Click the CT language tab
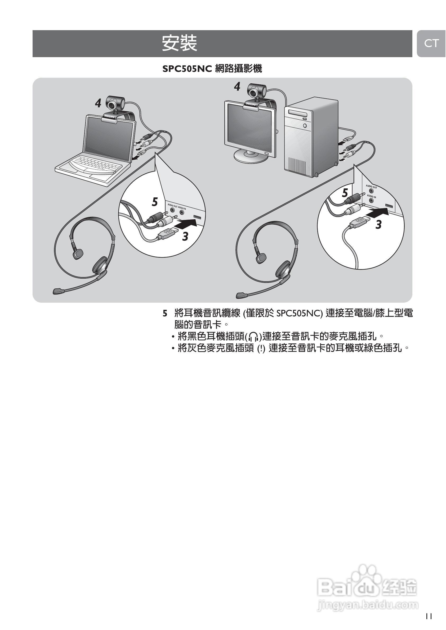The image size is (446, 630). pyautogui.click(x=431, y=43)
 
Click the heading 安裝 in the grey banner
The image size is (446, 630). pyautogui.click(x=179, y=43)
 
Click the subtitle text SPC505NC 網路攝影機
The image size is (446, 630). pyautogui.click(x=212, y=69)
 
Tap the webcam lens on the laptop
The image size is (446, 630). pyautogui.click(x=113, y=105)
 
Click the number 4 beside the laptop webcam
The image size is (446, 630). pyautogui.click(x=98, y=103)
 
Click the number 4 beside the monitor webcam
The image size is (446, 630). pyautogui.click(x=237, y=87)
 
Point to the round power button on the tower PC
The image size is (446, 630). pyautogui.click(x=305, y=126)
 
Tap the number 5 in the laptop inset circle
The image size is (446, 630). pyautogui.click(x=155, y=202)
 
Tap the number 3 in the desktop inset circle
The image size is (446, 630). pyautogui.click(x=378, y=225)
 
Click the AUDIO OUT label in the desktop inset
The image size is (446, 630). pyautogui.click(x=371, y=187)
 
